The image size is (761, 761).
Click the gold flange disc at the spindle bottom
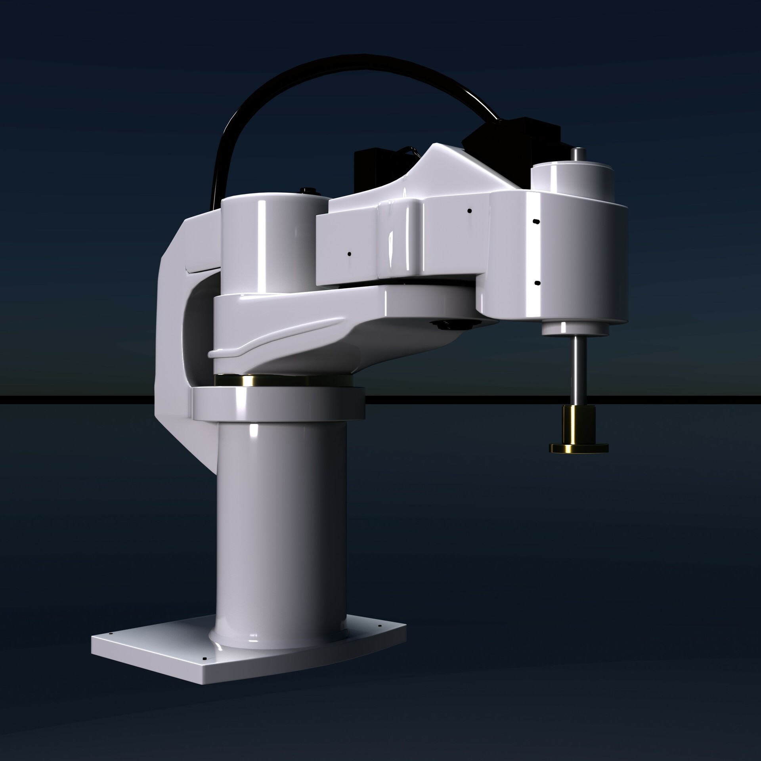point(579,449)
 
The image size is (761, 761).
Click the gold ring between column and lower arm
point(254,381)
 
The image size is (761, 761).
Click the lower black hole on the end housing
point(537,283)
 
